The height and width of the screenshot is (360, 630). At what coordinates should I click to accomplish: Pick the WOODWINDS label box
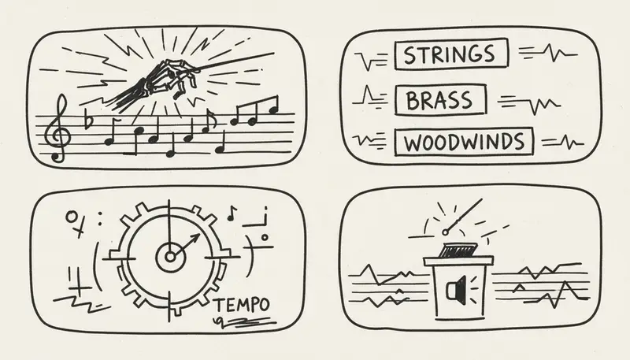pos(465,143)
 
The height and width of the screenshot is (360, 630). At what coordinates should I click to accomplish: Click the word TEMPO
pos(242,304)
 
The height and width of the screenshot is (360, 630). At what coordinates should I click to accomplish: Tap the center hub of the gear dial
pos(169,256)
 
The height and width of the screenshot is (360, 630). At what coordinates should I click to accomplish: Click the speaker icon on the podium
pos(454,292)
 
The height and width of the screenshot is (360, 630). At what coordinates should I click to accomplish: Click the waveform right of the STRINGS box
pos(548,54)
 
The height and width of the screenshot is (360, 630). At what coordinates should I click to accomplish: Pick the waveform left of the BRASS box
pos(372,99)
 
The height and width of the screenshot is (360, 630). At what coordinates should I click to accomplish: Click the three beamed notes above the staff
pos(254,113)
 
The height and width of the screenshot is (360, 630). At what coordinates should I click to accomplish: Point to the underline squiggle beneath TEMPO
pos(244,322)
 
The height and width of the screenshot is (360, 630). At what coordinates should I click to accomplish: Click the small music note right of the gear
pos(232,213)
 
